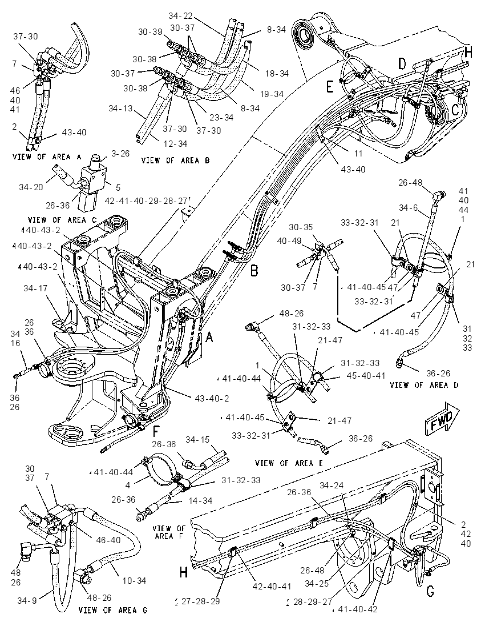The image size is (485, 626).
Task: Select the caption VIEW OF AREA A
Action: (47, 156)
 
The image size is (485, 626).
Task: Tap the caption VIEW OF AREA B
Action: (176, 160)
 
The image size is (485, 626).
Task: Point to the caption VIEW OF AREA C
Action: (62, 219)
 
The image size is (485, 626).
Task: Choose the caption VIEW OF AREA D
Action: (424, 385)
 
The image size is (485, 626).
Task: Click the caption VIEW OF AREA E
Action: (289, 463)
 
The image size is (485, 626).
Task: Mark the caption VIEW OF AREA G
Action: (113, 610)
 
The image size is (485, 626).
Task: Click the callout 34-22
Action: (180, 16)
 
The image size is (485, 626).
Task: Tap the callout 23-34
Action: (221, 118)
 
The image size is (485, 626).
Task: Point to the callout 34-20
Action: (31, 186)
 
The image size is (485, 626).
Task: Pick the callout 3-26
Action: (120, 154)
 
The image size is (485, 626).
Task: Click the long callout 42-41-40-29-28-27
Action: (147, 200)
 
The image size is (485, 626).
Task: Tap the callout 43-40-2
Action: (212, 399)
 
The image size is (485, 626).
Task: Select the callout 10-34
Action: (134, 580)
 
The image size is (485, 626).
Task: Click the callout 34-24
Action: (331, 485)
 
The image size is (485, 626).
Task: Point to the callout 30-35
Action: (301, 227)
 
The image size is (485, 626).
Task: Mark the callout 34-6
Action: (409, 207)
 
